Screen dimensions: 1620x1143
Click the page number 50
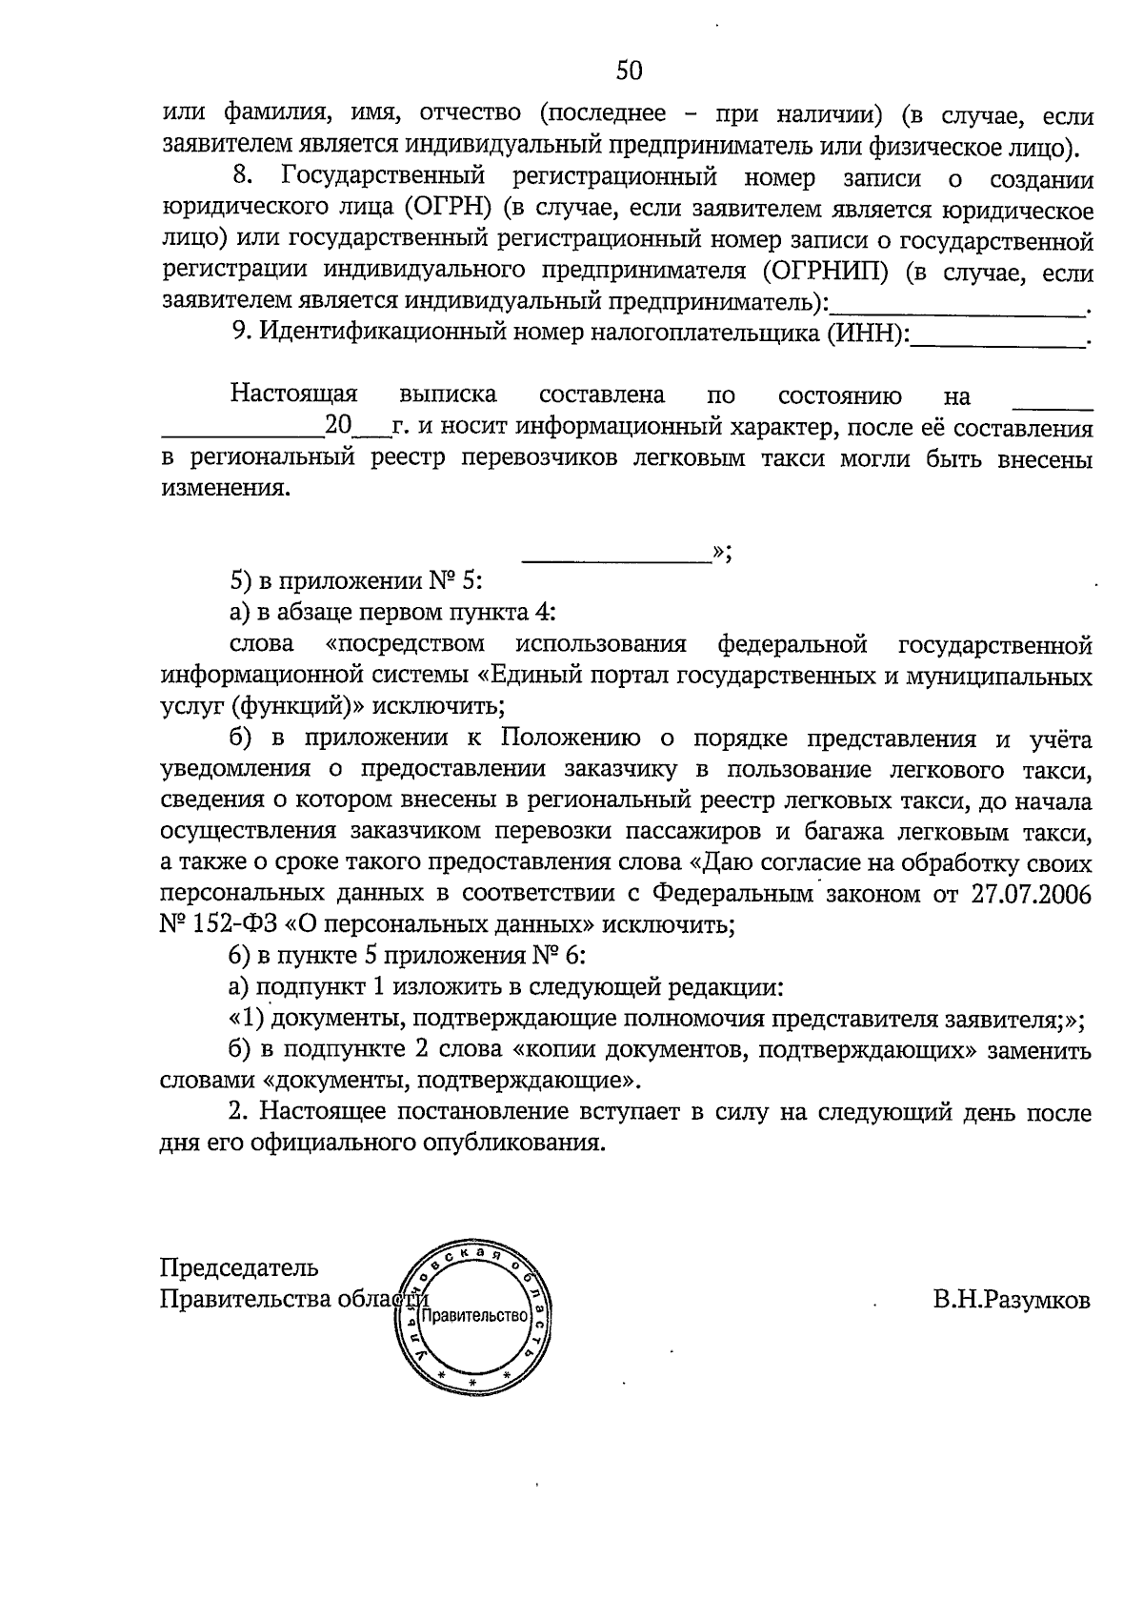point(630,71)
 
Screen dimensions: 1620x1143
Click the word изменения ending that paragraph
point(224,490)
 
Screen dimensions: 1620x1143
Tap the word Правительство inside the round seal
point(474,1316)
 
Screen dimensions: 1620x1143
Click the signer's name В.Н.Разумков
point(1013,1300)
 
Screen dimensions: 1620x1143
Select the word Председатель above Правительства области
point(239,1268)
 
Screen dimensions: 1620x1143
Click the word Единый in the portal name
point(527,676)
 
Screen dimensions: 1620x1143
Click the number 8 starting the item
point(241,178)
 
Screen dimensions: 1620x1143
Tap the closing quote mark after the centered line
point(721,554)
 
